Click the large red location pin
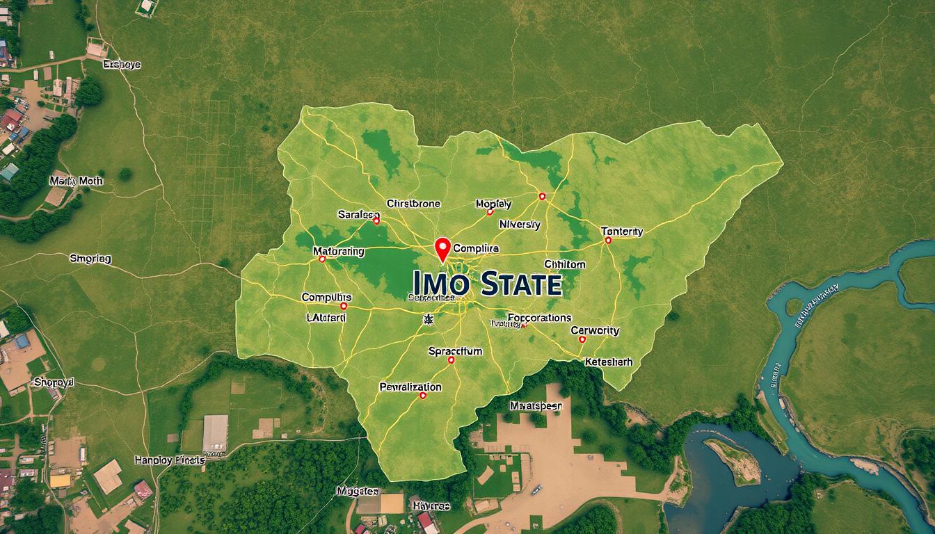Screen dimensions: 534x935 (x=442, y=249)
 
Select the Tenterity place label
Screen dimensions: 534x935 (x=621, y=231)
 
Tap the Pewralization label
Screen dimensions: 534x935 (x=410, y=387)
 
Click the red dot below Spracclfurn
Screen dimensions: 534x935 (x=451, y=360)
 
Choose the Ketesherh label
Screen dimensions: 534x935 (x=609, y=362)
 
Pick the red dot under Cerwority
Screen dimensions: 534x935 (x=582, y=340)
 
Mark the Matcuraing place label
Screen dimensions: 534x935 (x=338, y=251)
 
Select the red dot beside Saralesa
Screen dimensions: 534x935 (x=376, y=221)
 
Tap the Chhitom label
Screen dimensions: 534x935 (x=564, y=264)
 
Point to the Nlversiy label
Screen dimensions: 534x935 (x=520, y=225)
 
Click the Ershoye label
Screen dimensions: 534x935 (x=122, y=65)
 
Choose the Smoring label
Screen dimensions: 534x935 (x=90, y=259)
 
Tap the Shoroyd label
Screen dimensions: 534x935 (x=54, y=382)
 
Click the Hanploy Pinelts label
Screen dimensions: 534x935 (x=170, y=460)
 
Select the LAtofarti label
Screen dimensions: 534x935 (x=326, y=317)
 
